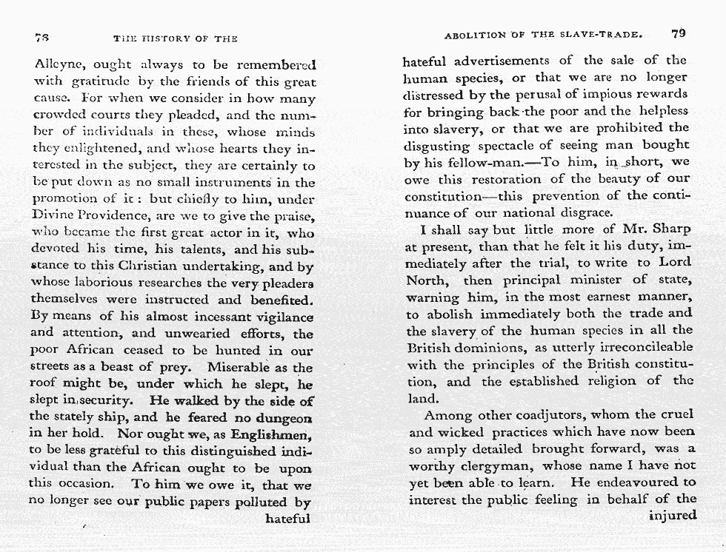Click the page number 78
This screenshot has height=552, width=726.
pos(41,37)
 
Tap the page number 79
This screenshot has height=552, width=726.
pos(679,33)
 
